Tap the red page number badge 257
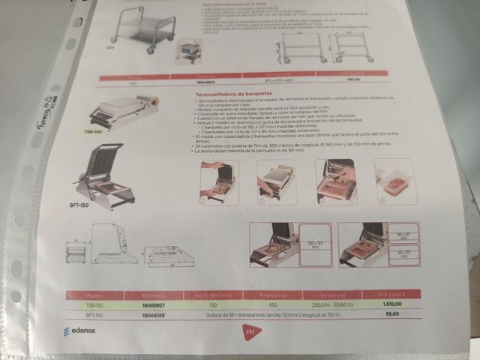pyautogui.click(x=250, y=330)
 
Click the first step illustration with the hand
pyautogui.click(x=217, y=181)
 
